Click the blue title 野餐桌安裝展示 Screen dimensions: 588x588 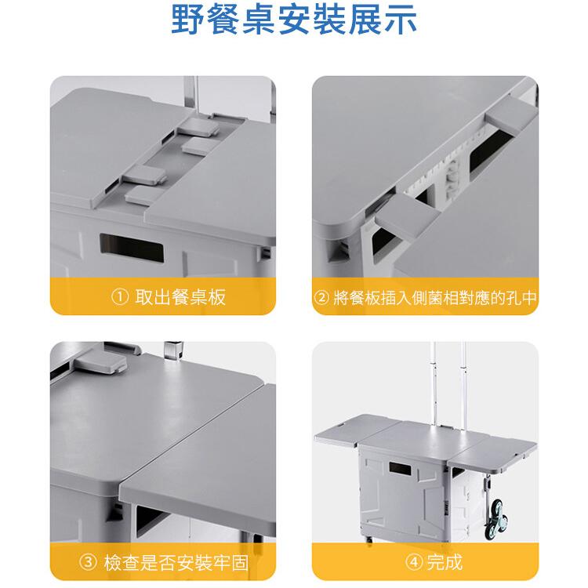(294, 20)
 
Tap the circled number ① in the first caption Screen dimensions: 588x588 (120, 297)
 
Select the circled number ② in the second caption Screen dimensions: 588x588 (321, 298)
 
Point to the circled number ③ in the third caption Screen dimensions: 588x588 (89, 562)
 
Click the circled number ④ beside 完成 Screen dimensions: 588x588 (414, 562)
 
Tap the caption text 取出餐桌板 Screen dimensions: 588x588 (180, 297)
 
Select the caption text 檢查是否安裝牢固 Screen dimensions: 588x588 (176, 562)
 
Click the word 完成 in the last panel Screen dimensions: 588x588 (445, 562)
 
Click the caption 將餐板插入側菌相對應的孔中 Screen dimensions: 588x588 (435, 298)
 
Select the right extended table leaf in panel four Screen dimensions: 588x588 (493, 450)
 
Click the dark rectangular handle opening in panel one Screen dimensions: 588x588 (132, 249)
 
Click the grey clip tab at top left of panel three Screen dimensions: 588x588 (101, 362)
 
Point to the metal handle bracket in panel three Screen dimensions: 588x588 (173, 350)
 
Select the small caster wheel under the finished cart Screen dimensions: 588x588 (368, 540)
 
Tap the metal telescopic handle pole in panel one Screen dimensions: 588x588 (191, 95)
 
